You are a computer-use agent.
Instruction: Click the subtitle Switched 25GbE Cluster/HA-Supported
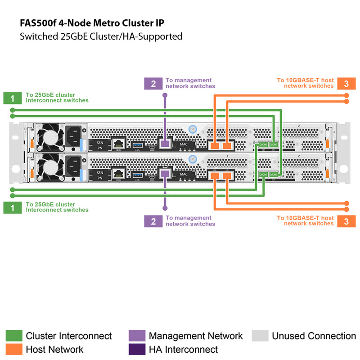point(101,36)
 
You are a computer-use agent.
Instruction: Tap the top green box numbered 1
point(12,98)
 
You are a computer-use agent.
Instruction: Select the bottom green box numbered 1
point(12,207)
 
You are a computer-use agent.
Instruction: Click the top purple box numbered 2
point(153,83)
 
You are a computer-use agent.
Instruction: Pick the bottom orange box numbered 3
point(346,221)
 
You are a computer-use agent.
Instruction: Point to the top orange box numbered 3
point(346,83)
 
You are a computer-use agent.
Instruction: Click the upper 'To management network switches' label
point(190,83)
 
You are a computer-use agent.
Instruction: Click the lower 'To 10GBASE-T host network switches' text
point(306,220)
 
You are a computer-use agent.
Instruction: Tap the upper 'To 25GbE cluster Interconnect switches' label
point(57,98)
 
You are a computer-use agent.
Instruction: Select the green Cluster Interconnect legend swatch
point(13,336)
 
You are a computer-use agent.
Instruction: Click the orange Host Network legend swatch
point(13,349)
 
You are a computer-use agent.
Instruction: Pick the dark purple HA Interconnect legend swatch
point(137,349)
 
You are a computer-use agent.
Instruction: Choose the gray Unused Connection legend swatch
point(260,336)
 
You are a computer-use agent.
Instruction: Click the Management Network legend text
point(195,336)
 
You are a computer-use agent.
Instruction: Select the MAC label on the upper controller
point(184,145)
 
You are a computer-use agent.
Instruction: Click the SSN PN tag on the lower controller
point(100,175)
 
